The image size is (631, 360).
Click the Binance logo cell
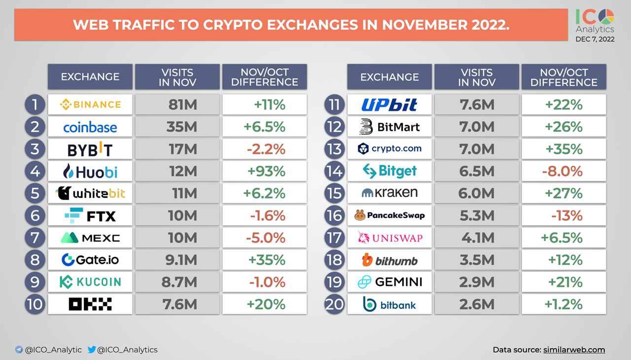90,105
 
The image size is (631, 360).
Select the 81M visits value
177,105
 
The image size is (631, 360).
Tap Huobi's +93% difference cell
265,171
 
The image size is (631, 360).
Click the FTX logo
90,216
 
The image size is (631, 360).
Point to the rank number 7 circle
35,238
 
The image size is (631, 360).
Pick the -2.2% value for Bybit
265,149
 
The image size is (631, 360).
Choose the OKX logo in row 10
90,304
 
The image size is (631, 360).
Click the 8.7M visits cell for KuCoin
177,282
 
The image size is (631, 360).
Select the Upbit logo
389,105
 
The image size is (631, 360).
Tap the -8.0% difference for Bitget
563,171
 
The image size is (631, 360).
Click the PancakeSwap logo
389,216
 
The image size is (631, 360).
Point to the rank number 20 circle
334,304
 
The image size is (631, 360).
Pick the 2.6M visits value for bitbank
476,304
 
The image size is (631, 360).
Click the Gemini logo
389,282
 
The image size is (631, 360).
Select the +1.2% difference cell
563,304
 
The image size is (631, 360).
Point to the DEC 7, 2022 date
595,39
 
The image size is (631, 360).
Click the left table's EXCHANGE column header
90,77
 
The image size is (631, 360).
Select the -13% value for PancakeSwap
563,216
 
